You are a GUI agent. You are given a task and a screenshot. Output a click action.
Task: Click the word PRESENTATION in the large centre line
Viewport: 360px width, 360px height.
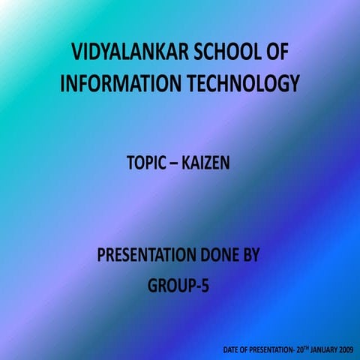click(143, 256)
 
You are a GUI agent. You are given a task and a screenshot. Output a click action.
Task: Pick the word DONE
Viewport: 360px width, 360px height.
click(215, 256)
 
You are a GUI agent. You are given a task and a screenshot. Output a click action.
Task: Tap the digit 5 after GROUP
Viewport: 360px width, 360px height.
click(203, 285)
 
